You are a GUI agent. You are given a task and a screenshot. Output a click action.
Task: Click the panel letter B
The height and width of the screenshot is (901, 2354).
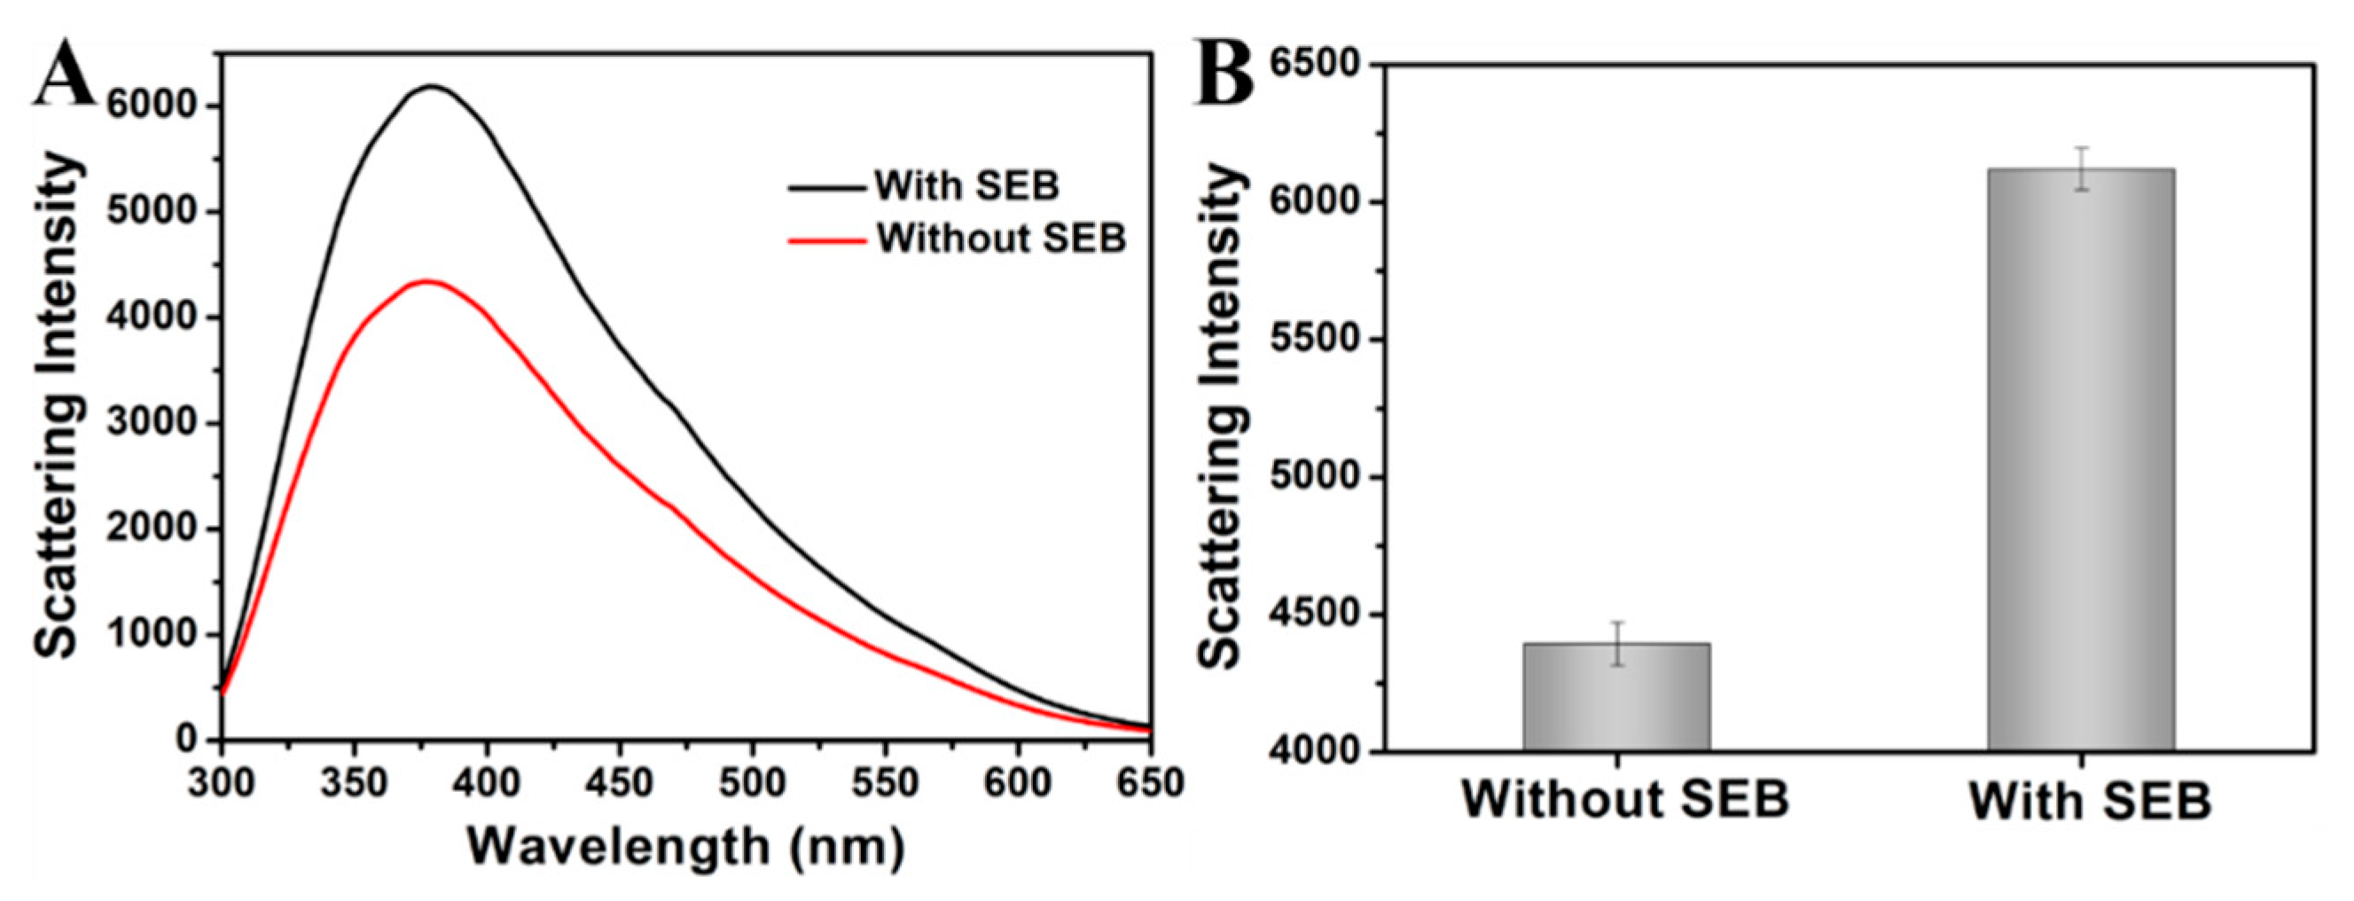pos(1225,70)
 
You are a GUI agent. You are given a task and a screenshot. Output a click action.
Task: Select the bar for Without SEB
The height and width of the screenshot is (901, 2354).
pos(1616,699)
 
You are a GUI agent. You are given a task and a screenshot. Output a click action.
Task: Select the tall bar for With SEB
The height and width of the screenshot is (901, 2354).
pos(2081,457)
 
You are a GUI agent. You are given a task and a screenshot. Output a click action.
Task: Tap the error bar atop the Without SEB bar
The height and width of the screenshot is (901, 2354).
pos(1617,643)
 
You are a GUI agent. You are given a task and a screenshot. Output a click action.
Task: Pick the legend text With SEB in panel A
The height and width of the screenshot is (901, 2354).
pos(966,185)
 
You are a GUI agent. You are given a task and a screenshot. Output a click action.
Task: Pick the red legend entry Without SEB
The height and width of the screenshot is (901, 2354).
pos(1001,239)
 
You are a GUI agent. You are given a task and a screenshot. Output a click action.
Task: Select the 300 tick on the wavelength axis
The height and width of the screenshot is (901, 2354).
pos(222,782)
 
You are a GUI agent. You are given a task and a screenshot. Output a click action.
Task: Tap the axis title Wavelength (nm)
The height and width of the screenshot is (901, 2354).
pos(685,845)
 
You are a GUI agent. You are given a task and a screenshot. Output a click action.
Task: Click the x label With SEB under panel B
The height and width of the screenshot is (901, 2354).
pos(2089,802)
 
